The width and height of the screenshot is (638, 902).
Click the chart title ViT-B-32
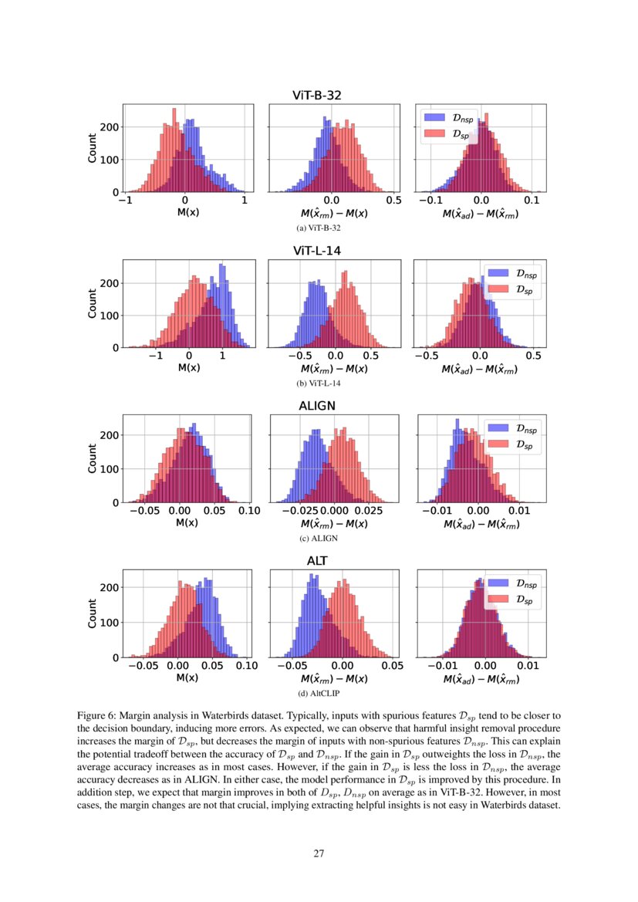click(316, 96)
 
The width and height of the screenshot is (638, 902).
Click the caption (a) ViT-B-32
click(319, 228)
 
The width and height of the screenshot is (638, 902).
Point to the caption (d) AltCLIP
click(319, 693)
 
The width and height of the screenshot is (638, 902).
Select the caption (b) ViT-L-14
click(319, 383)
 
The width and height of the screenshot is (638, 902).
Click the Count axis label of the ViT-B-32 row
click(93, 148)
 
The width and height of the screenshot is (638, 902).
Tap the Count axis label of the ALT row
click(93, 613)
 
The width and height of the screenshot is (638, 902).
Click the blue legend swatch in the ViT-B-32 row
click(435, 118)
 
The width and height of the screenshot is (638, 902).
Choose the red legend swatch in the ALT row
click(498, 600)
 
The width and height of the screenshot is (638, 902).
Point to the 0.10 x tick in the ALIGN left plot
click(249, 511)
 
